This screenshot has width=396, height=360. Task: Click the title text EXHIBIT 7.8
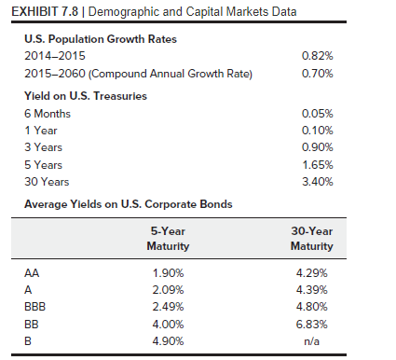coord(45,12)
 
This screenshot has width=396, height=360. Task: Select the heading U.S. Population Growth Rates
coord(101,39)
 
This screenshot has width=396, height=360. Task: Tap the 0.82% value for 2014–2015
coord(318,56)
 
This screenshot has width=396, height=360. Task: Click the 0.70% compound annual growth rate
coord(318,74)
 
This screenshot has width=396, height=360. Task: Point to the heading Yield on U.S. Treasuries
coord(86,96)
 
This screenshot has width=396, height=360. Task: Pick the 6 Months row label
coord(48,114)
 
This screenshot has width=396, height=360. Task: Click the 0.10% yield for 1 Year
coord(318,131)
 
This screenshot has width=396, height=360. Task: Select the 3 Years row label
coord(44,147)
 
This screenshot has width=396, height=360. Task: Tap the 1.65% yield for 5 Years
coord(318,165)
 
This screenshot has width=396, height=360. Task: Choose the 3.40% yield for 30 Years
coord(318,182)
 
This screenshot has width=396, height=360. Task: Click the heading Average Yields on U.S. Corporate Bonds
coord(129,204)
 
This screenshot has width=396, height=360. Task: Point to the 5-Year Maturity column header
coord(168,239)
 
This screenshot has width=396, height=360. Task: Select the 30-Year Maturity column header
coord(312,239)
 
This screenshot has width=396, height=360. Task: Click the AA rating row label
coord(32,273)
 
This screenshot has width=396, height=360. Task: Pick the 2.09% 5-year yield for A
coord(168,290)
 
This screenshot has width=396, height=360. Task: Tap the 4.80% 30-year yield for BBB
coord(312,307)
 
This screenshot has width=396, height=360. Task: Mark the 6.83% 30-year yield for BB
coord(312,325)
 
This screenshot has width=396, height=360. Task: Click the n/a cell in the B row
coord(312,341)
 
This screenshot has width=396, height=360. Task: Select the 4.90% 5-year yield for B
coord(168,341)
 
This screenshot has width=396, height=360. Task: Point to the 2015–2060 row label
coord(55,74)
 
